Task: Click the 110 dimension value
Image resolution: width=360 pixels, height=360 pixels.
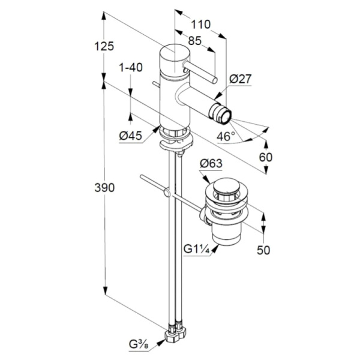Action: [201, 25]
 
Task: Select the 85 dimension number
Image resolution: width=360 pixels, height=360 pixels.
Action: [194, 41]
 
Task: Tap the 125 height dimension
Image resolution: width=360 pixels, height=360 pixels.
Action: [104, 45]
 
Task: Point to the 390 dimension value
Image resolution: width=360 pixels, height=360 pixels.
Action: [104, 188]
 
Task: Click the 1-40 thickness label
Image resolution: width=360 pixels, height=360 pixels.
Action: [130, 68]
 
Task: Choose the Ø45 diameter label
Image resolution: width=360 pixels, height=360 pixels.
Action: [130, 136]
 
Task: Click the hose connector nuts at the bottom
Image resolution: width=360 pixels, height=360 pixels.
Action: [176, 331]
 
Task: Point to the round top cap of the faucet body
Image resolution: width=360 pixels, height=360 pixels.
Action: [173, 53]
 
